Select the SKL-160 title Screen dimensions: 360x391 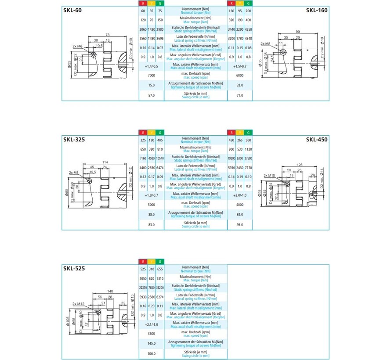tap(316, 10)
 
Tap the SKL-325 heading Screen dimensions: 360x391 tap(74, 140)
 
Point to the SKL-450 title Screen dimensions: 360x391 tap(316, 140)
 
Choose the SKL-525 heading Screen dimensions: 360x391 tap(74, 268)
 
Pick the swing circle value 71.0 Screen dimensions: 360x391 tap(240, 95)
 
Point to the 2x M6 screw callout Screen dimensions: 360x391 tap(78, 46)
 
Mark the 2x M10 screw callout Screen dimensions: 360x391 tap(269, 175)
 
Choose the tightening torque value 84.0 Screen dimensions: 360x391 tap(240, 214)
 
